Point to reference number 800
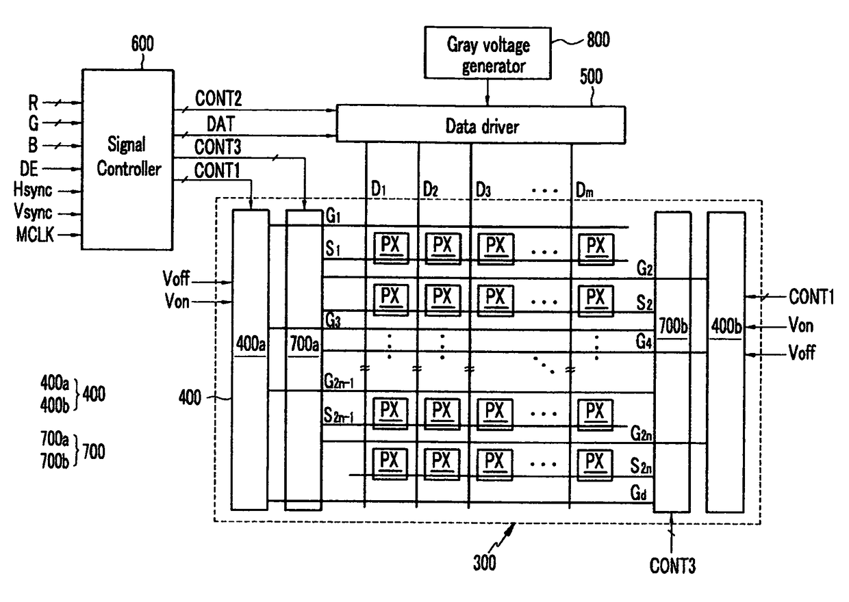click(598, 40)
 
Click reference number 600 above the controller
click(142, 44)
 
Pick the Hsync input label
click(33, 190)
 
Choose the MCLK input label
click(35, 235)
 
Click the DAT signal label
click(220, 124)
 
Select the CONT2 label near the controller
click(218, 99)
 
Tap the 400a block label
click(251, 344)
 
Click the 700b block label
click(673, 326)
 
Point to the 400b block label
click(726, 326)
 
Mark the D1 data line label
click(379, 189)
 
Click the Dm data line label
click(585, 190)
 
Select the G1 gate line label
click(333, 215)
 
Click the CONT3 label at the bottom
click(673, 566)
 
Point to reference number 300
click(484, 562)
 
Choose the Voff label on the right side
click(802, 352)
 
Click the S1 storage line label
click(333, 249)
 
